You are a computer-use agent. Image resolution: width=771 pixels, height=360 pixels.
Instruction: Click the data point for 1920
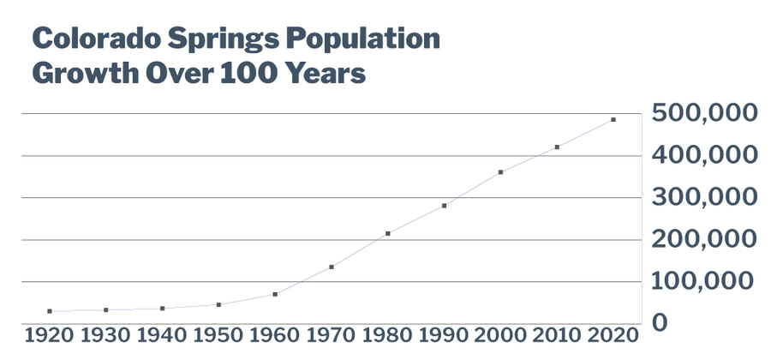(x=50, y=311)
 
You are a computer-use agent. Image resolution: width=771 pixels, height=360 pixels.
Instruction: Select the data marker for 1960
(x=275, y=294)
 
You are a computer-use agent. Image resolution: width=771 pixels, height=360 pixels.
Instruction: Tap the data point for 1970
(x=332, y=267)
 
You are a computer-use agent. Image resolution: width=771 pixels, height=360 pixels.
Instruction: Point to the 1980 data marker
(x=388, y=233)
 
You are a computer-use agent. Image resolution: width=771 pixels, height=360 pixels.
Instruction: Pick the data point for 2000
(x=500, y=172)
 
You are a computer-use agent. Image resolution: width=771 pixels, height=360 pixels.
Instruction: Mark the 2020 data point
(x=613, y=120)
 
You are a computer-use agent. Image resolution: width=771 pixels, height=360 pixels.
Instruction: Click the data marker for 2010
(x=557, y=147)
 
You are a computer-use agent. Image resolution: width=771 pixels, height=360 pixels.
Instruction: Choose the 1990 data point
(x=444, y=206)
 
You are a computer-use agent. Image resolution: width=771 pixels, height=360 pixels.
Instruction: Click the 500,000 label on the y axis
(x=703, y=113)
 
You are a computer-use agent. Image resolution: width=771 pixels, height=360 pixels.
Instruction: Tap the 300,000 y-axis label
(x=703, y=197)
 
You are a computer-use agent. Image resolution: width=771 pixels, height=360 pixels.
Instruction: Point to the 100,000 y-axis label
(x=703, y=281)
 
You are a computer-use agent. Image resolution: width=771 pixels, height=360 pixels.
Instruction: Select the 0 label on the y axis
(x=661, y=323)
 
